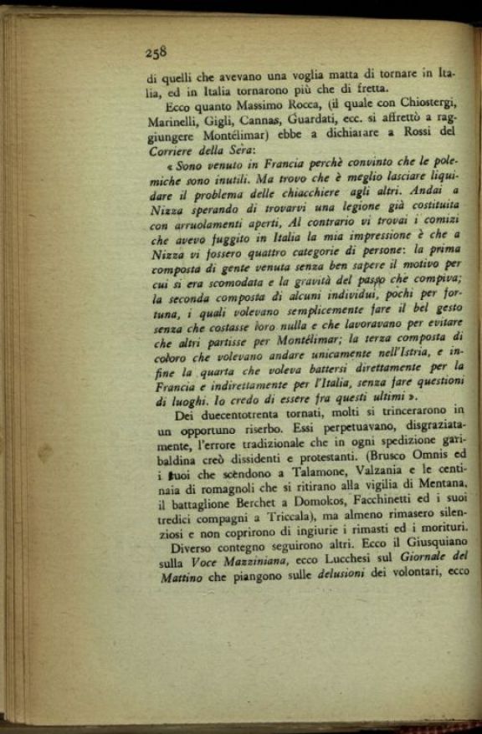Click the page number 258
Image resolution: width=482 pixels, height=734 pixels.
click(x=156, y=52)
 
